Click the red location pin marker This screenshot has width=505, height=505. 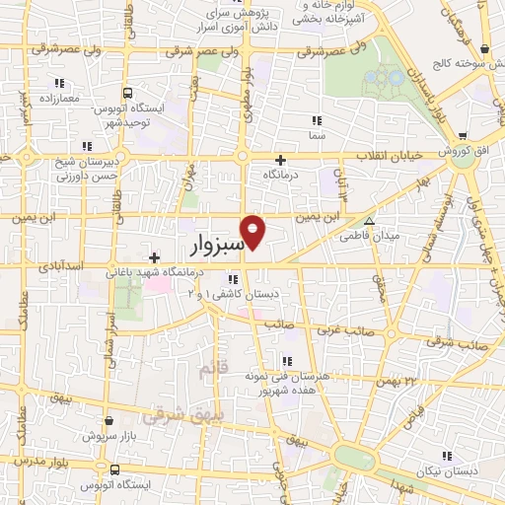[x=253, y=231]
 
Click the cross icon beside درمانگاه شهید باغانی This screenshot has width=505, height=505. [x=154, y=257]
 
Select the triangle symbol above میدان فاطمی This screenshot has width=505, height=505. [x=369, y=221]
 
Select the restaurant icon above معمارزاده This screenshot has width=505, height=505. [x=59, y=83]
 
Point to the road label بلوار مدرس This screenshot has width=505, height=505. [x=34, y=462]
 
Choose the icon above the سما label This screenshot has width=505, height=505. [x=317, y=119]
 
